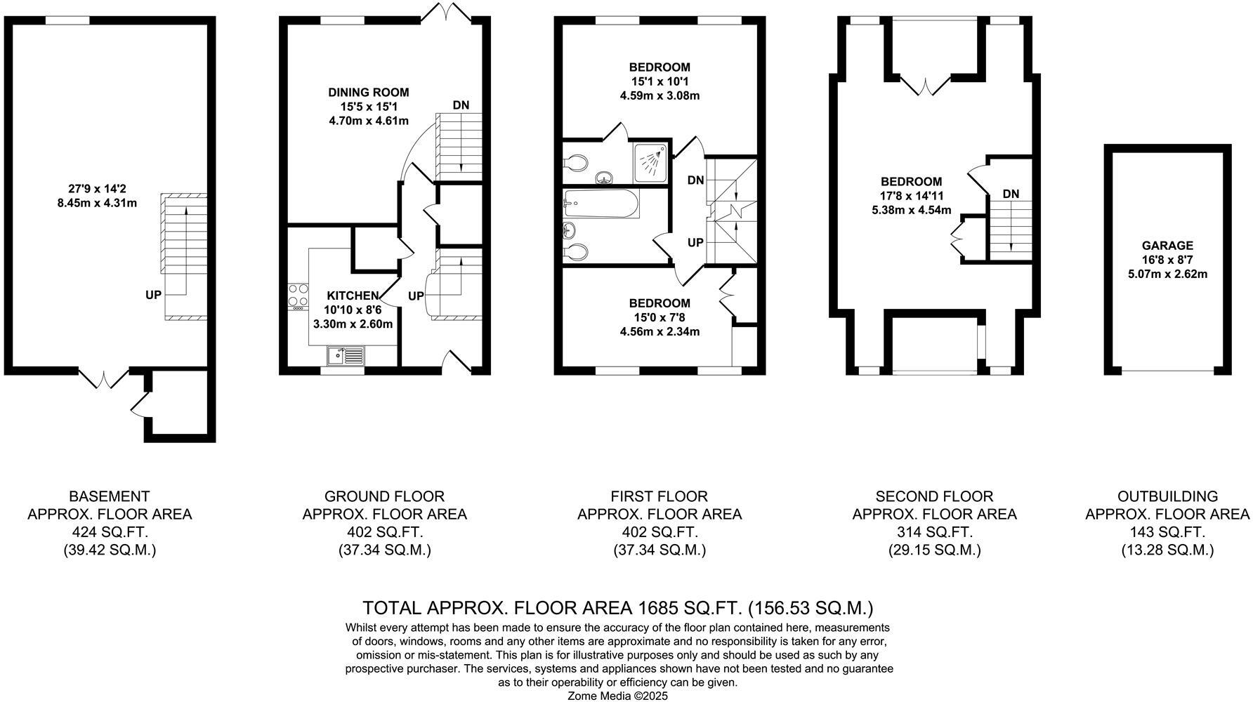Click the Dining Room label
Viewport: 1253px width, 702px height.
(x=368, y=93)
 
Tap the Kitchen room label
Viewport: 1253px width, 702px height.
(x=353, y=296)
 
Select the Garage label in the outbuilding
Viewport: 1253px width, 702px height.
(x=1167, y=246)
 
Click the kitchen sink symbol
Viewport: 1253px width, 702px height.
(x=346, y=356)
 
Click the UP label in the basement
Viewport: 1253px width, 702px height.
(x=153, y=296)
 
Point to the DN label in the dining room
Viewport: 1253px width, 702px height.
(x=461, y=105)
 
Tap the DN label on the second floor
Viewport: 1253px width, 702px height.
(x=1011, y=194)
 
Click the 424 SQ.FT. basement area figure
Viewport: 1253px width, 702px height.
(x=110, y=532)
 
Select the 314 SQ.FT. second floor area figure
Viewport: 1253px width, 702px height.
(x=934, y=532)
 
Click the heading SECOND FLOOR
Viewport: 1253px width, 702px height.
(x=934, y=496)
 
